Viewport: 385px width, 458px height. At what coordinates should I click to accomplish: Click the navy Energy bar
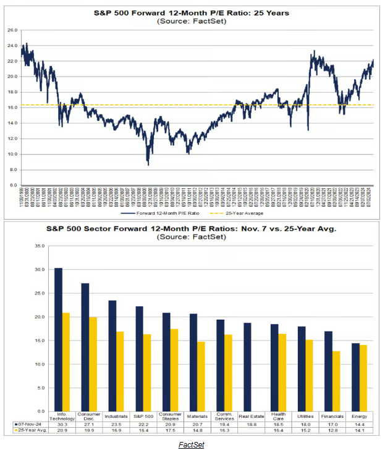tap(355, 377)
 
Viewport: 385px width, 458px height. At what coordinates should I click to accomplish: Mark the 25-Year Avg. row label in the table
tap(28, 431)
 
